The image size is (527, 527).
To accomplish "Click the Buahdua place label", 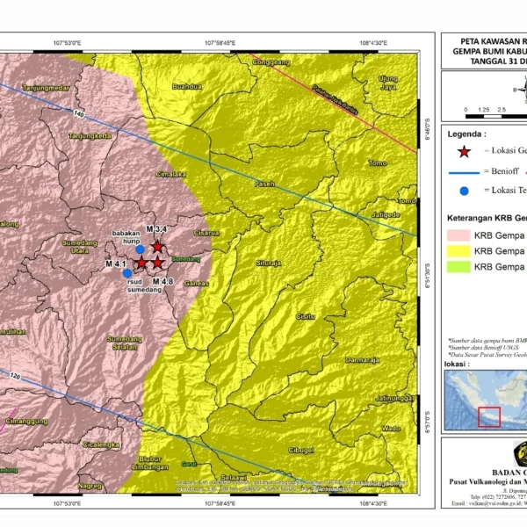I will click(x=187, y=87).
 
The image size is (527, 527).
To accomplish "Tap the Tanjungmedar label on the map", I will click(x=46, y=89).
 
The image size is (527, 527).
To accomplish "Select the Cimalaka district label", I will click(x=170, y=174).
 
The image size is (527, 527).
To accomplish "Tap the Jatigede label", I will click(x=386, y=214).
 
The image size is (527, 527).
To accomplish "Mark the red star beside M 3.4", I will click(x=157, y=247).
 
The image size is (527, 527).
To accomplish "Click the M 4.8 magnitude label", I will click(x=163, y=281).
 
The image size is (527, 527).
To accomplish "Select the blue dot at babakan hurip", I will click(x=140, y=249).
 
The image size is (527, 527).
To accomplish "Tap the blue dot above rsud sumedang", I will click(x=127, y=273).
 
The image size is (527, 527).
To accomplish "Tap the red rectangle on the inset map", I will click(x=488, y=417).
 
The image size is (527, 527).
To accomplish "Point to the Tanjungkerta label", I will click(x=90, y=136).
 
